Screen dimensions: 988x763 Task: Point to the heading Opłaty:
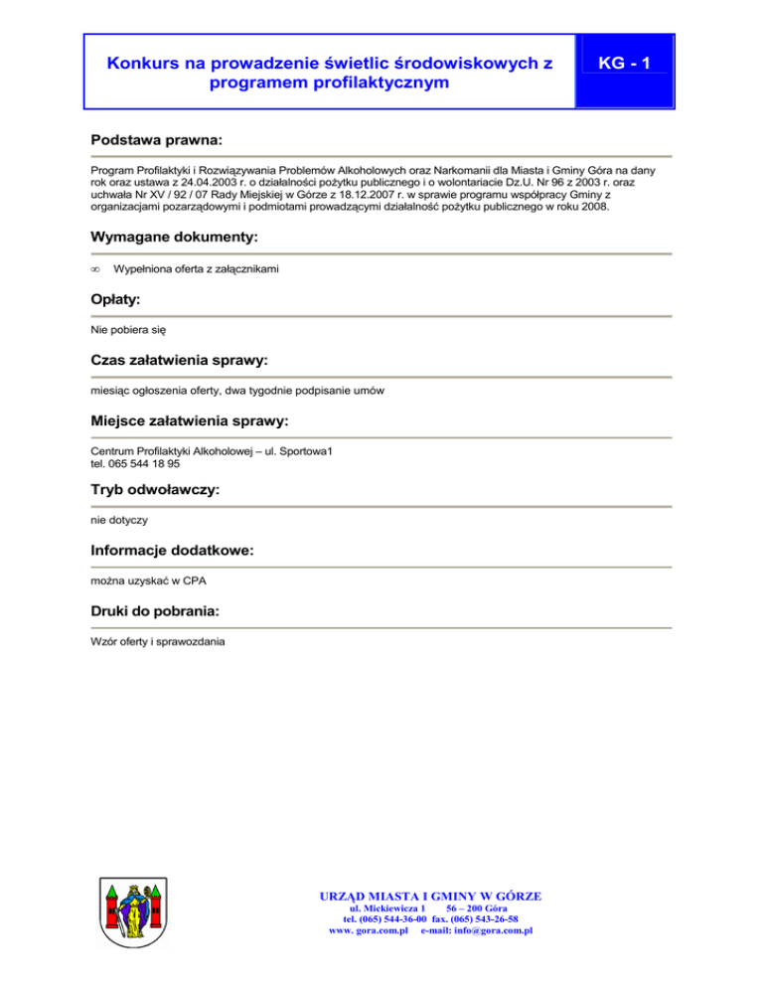[115, 298]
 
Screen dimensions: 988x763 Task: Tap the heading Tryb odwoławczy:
[154, 490]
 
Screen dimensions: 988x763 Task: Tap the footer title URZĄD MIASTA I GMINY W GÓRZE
[428, 896]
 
